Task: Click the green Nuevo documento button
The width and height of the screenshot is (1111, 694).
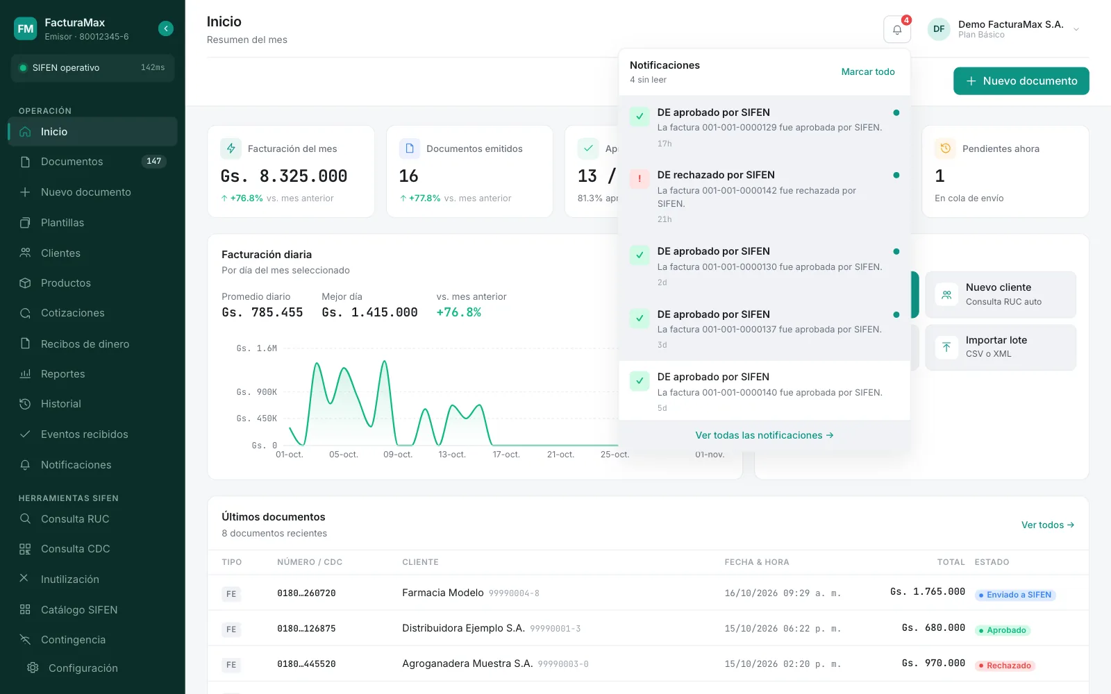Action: pos(1021,81)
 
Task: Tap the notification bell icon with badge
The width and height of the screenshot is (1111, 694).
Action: pos(896,30)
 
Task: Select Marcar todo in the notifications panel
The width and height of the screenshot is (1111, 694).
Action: pos(867,72)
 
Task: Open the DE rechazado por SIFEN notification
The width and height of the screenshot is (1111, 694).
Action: pos(764,196)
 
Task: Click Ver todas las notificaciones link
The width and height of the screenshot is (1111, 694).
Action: pos(764,435)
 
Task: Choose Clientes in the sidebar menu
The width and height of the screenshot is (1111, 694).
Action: pos(60,253)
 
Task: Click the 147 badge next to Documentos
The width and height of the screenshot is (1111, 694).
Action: pos(153,161)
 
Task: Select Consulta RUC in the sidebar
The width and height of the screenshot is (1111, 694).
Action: pos(75,518)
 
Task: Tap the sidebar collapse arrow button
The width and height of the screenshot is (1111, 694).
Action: pos(166,28)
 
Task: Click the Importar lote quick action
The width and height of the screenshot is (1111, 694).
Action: pos(1001,347)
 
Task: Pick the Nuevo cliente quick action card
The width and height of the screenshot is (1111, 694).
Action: pos(1001,294)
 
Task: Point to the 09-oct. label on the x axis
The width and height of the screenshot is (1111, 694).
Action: pos(398,454)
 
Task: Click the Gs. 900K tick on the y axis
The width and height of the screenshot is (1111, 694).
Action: pos(256,392)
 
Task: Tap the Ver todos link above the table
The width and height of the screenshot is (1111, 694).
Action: pos(1048,525)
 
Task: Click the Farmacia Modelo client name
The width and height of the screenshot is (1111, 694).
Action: pos(442,593)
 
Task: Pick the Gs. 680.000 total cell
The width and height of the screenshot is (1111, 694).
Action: pos(933,627)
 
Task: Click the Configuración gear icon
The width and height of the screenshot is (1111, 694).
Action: pos(33,668)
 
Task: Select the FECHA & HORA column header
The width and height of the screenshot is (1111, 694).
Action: pos(756,561)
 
